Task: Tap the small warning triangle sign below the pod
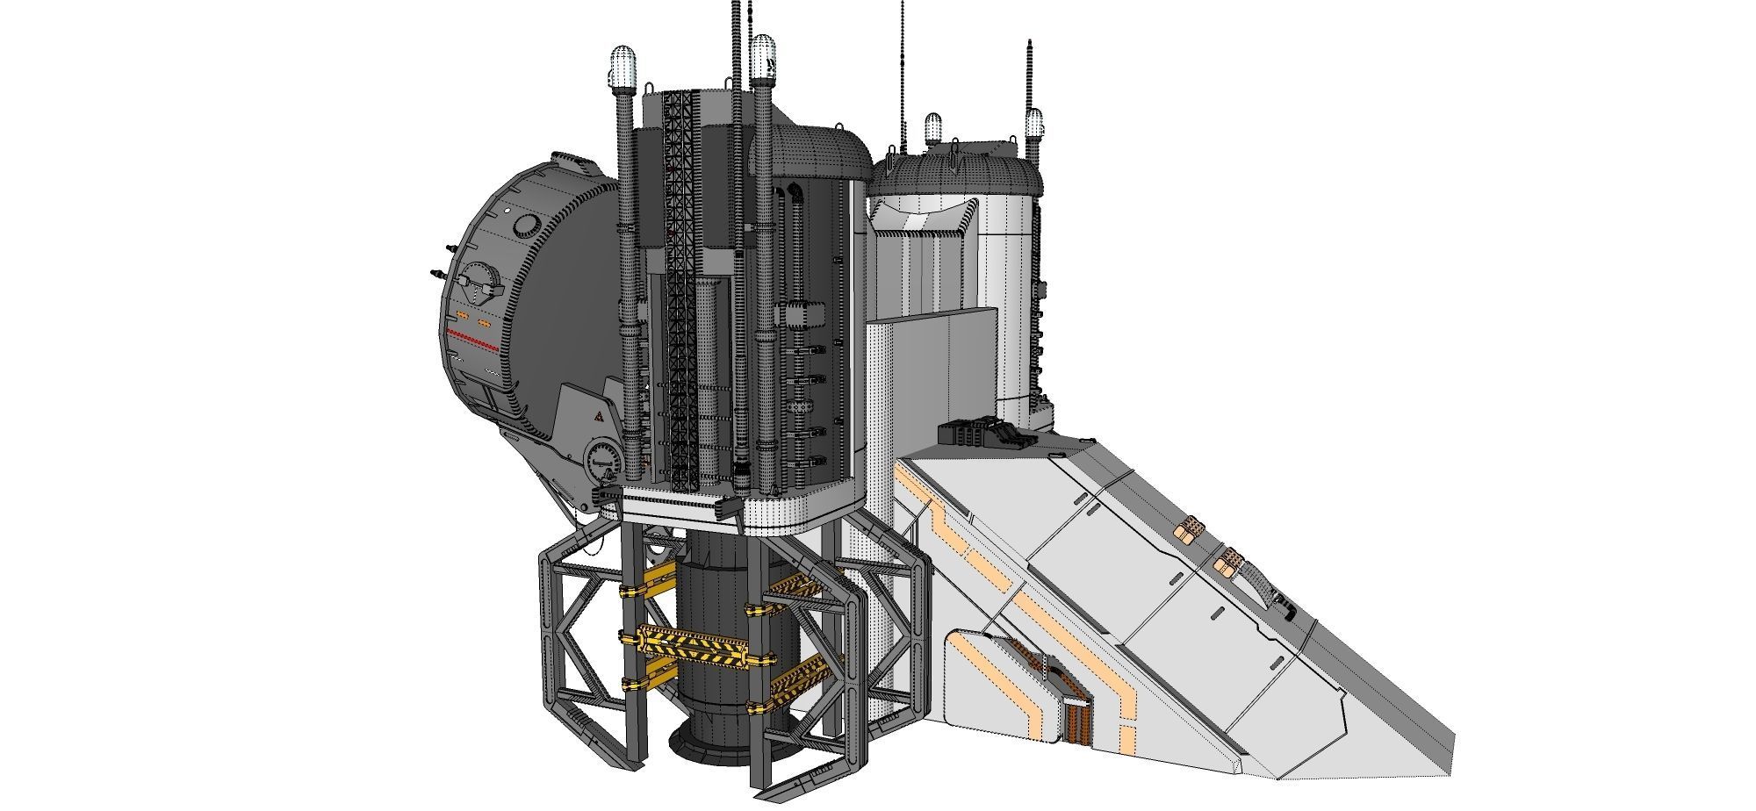(x=596, y=420)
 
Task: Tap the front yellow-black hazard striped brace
(x=694, y=647)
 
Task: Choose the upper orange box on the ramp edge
(x=1192, y=528)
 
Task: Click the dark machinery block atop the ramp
(x=975, y=434)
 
